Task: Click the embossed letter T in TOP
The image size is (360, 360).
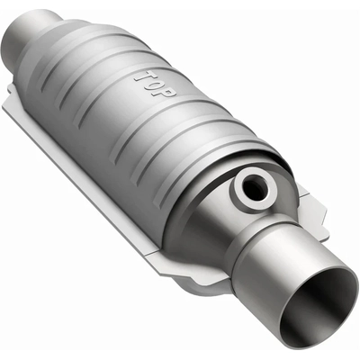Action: pyautogui.click(x=141, y=76)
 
